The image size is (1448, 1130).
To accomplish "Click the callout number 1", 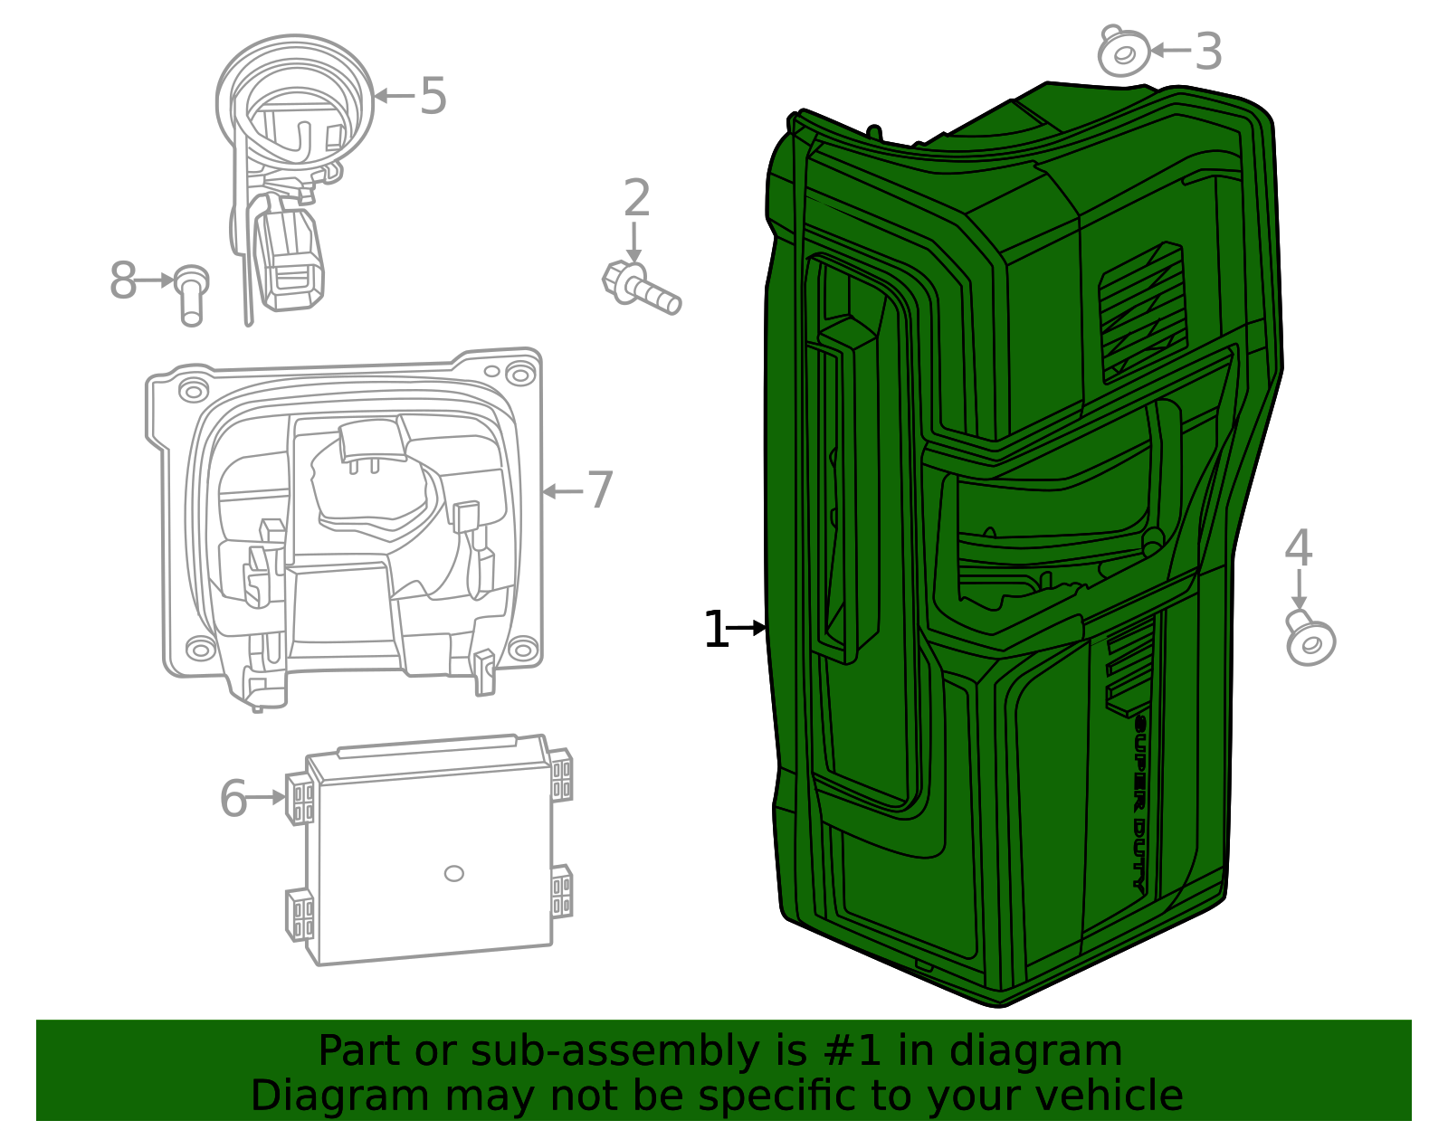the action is point(716,629).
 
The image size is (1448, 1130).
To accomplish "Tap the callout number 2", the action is point(636,198).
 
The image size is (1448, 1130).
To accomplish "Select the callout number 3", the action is point(1208,52).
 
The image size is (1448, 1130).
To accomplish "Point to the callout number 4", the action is point(1298,547).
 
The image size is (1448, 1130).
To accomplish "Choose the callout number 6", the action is point(233,798).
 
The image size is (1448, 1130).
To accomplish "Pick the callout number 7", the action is point(600,490).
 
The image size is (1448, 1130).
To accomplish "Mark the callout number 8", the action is point(122,280).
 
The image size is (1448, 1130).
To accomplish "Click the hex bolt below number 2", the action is point(641,289).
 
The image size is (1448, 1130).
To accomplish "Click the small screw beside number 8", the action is point(191,296).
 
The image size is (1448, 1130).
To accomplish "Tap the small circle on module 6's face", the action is point(453,874).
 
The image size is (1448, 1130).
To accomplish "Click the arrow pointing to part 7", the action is point(562,492).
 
